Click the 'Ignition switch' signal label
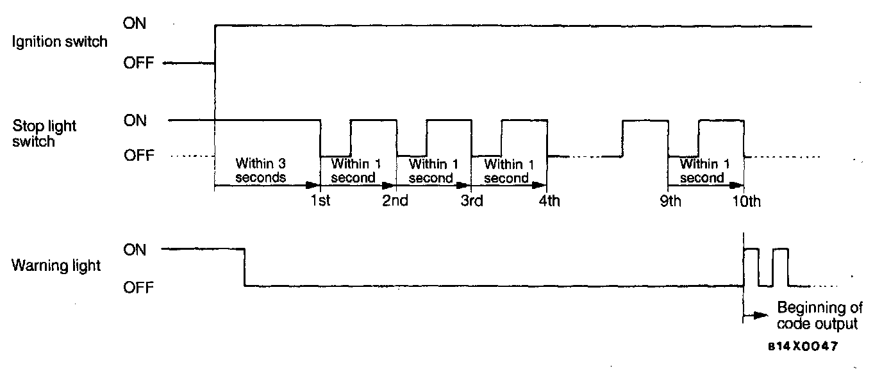[60, 43]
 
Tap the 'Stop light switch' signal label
[44, 133]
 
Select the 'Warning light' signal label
[56, 265]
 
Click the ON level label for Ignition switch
[135, 24]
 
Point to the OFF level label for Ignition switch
[138, 63]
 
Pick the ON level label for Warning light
[135, 250]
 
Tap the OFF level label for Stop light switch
[138, 156]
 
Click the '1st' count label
[320, 201]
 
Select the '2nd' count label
[395, 201]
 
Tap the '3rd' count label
[471, 201]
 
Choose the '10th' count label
[746, 201]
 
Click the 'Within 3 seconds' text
[260, 170]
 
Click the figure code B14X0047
[803, 346]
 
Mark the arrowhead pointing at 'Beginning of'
[761, 315]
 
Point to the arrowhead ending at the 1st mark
[315, 186]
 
